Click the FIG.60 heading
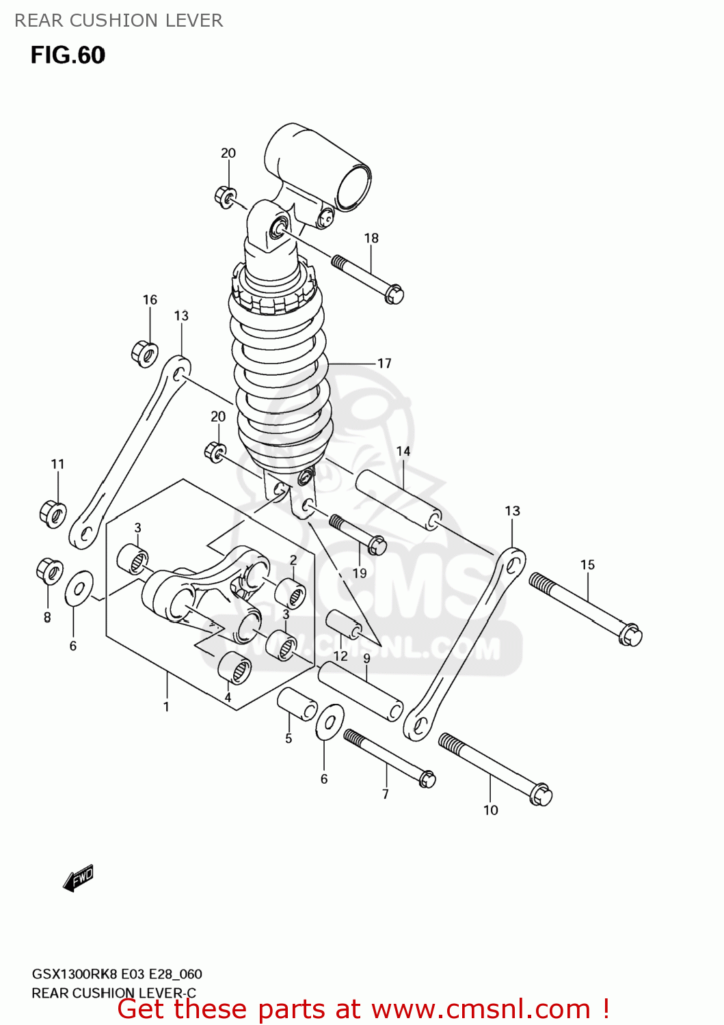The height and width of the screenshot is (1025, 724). [68, 55]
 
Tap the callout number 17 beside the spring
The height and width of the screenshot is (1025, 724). [384, 364]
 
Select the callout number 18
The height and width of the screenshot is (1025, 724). [371, 238]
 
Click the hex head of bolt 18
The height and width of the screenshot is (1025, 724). [394, 295]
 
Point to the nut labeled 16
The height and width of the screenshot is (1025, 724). [144, 353]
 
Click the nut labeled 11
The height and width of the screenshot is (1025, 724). [53, 512]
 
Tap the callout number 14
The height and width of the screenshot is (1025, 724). [403, 451]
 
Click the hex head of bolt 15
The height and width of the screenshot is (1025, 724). [631, 635]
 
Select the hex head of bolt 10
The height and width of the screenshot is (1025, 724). [541, 795]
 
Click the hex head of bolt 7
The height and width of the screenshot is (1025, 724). [427, 778]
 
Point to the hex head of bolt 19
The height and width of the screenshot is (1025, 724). [377, 546]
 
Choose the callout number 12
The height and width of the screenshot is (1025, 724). [340, 656]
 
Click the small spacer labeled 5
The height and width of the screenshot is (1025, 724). [297, 703]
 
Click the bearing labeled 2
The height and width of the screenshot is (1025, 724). [290, 592]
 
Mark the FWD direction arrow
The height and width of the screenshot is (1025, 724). [79, 878]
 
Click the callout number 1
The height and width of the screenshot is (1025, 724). [166, 707]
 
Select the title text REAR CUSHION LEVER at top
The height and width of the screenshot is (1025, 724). [119, 20]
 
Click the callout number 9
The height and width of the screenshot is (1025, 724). [367, 659]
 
